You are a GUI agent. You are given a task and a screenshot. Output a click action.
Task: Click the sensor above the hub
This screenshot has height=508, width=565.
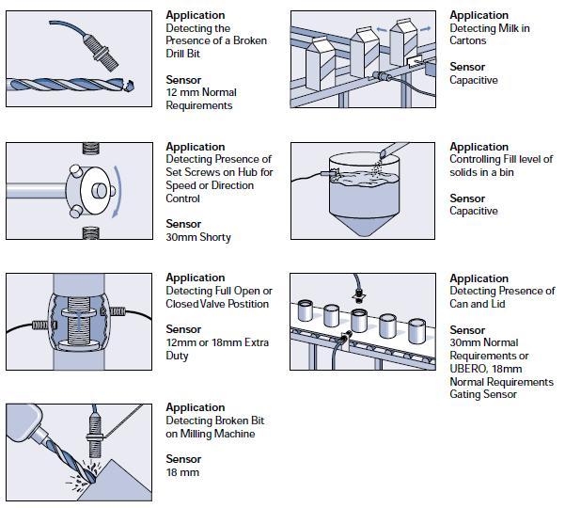click(x=91, y=147)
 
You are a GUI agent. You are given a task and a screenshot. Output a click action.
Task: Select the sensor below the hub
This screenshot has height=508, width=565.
click(x=91, y=231)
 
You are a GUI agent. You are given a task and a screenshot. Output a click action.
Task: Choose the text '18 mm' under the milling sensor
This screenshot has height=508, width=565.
click(x=182, y=472)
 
